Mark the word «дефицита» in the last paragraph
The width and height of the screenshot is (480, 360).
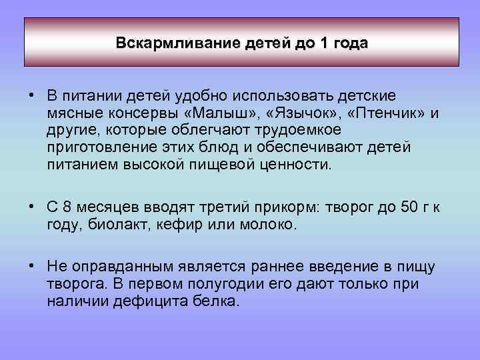point(151,301)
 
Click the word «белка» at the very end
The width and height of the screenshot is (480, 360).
point(217,301)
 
